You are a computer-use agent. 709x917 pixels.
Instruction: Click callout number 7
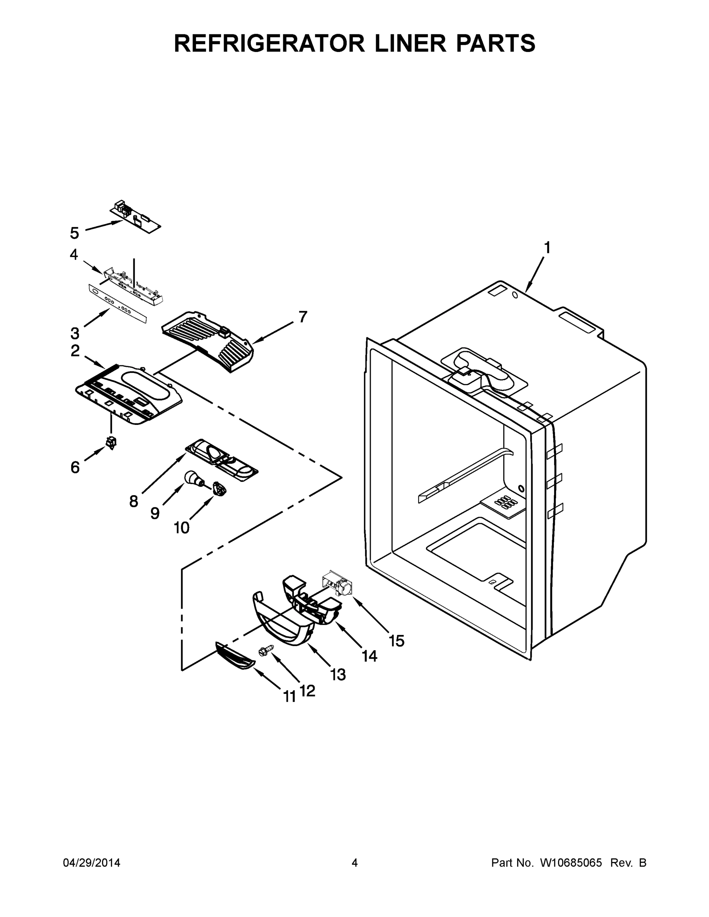coord(303,317)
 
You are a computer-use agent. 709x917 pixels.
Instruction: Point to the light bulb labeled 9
coord(192,478)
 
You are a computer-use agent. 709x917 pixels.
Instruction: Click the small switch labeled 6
coord(111,442)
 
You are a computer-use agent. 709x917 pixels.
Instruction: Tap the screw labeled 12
coord(266,650)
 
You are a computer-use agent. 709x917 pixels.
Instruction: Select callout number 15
coord(396,641)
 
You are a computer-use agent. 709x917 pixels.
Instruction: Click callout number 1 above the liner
coord(547,248)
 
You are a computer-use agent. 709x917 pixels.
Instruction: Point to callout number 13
coord(338,675)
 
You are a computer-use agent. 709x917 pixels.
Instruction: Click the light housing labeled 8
coord(221,460)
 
